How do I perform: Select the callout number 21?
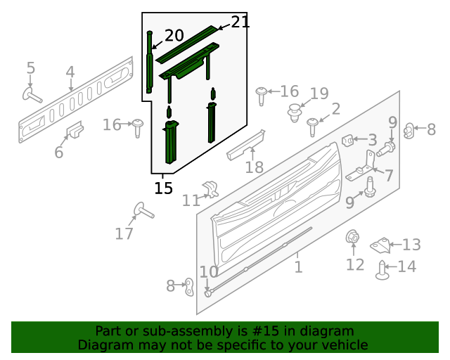coord(240,22)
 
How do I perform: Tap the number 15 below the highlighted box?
coord(163,188)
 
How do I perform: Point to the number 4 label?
coord(70,72)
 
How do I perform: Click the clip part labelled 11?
coord(210,188)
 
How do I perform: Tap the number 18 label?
coord(254,167)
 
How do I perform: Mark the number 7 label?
coord(388,175)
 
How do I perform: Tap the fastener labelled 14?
coord(382,271)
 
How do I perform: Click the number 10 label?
coord(209,271)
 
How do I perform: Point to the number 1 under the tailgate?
coord(298,267)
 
